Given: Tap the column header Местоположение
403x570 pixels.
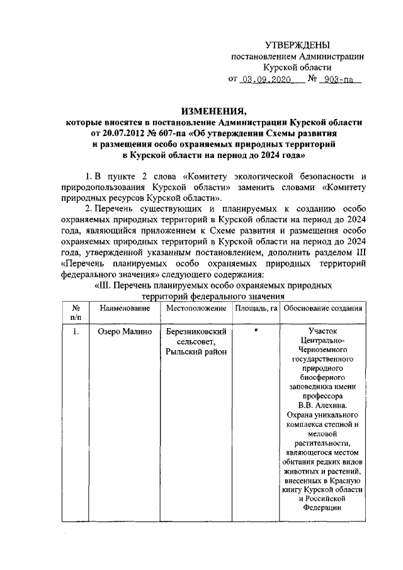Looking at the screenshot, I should (196, 308).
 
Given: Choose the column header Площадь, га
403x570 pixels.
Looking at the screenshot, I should (256, 308).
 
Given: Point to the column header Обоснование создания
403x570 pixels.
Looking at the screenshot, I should (322, 308).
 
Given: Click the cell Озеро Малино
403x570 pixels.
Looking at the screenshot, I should (121, 330).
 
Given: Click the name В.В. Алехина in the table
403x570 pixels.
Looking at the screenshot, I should (323, 406).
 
